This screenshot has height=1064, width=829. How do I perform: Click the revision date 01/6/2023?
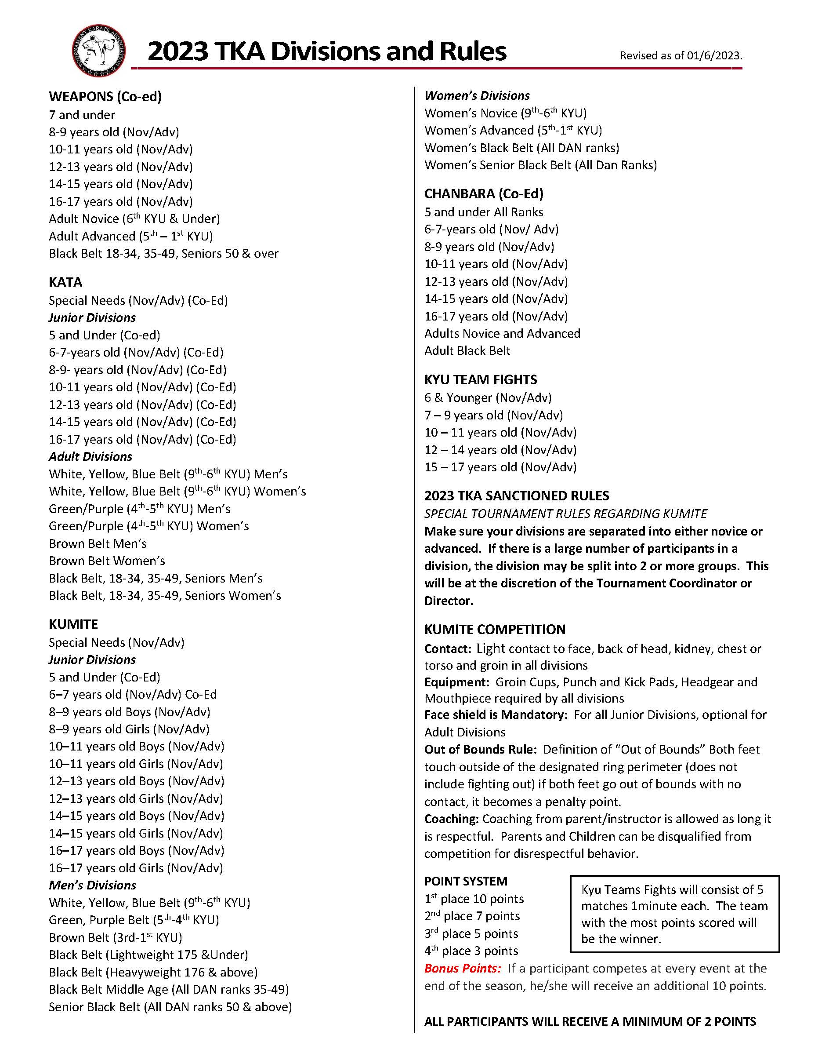714,56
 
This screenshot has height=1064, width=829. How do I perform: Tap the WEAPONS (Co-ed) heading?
105,96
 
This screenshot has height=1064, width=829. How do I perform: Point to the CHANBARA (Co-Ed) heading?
483,194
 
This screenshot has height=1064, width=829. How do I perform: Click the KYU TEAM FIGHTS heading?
481,379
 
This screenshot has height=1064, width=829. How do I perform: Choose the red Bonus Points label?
462,968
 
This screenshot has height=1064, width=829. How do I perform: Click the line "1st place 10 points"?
474,899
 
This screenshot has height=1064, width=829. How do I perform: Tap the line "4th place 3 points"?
471,951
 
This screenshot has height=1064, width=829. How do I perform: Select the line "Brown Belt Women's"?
107,561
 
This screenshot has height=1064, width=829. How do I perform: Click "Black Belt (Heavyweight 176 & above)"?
153,972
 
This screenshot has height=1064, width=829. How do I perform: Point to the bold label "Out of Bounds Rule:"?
480,749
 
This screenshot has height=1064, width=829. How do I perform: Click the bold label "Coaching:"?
451,819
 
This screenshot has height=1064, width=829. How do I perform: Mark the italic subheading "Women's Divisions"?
477,95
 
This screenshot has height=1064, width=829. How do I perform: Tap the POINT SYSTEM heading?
465,881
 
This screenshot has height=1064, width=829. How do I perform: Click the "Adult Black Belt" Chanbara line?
467,351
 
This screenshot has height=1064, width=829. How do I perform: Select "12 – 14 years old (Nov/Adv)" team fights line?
500,450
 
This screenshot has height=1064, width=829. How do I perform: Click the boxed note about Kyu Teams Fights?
674,914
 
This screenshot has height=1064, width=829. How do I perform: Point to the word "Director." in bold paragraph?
449,601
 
